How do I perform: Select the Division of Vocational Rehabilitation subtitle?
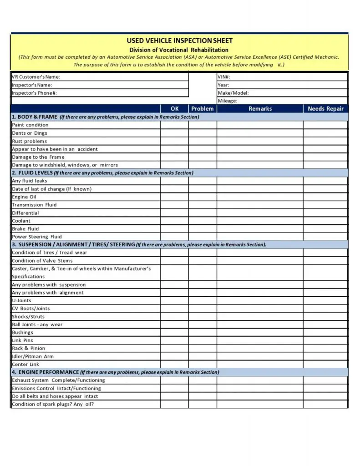[178, 50]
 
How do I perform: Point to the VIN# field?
[282, 77]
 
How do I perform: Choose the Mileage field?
[282, 101]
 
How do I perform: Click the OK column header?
[174, 109]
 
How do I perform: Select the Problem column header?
[203, 109]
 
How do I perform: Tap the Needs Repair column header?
[325, 109]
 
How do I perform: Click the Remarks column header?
[260, 109]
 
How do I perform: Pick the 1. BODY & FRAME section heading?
[35, 117]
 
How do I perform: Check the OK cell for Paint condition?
[174, 125]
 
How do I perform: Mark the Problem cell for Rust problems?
[203, 141]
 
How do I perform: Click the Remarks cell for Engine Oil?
[260, 197]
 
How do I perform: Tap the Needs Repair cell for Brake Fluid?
[325, 229]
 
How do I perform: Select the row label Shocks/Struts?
[28, 317]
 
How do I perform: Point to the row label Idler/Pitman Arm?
[33, 356]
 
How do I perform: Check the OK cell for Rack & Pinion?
[174, 349]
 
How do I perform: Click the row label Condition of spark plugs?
[53, 404]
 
